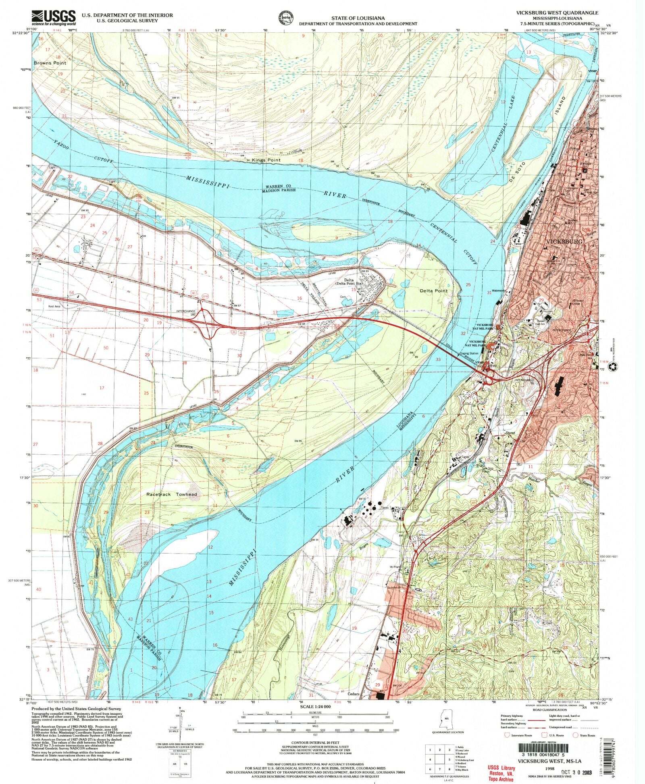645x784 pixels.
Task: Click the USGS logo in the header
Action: pyautogui.click(x=54, y=17)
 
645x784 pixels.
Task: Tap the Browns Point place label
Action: pyautogui.click(x=50, y=63)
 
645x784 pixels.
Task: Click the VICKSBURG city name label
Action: pyautogui.click(x=564, y=241)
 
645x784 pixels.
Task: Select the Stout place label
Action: pyautogui.click(x=510, y=433)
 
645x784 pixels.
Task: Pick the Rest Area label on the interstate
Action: pyautogui.click(x=54, y=306)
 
